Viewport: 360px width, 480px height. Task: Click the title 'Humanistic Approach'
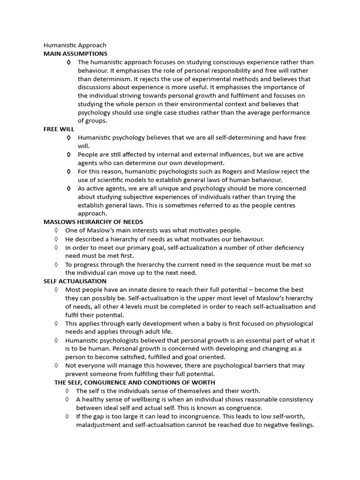coord(75,45)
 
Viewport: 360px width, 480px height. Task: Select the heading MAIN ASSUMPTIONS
coord(75,54)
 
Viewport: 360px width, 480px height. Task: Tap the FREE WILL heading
coord(59,129)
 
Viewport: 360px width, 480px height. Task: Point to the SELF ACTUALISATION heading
coord(75,281)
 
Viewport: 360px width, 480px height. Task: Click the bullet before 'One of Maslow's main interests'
coord(56,230)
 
